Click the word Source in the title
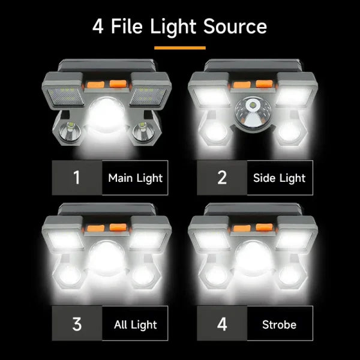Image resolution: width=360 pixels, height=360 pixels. (235, 27)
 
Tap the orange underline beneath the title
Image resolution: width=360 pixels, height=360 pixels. (180, 47)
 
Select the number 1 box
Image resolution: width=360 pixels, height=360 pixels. (76, 178)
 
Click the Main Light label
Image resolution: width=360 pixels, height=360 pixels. (135, 178)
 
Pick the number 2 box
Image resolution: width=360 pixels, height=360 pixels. (221, 178)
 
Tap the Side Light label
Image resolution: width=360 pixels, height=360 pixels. (280, 178)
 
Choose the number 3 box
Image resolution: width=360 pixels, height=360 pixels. (76, 324)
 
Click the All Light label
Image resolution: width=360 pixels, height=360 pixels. (135, 325)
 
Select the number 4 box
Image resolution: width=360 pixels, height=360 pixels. (222, 324)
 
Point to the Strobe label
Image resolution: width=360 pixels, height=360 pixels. (279, 325)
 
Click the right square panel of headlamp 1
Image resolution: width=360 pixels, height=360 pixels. (149, 92)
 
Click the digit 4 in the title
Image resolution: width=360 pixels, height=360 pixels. (98, 27)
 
